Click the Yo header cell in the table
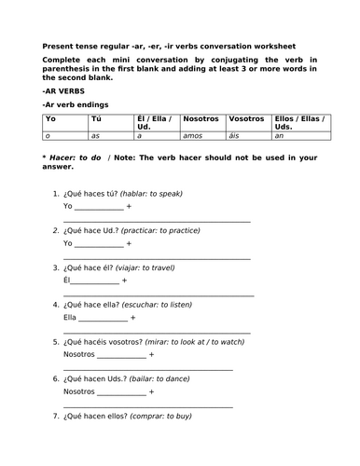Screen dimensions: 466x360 click(51, 120)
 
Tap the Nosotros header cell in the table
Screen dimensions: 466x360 click(203, 120)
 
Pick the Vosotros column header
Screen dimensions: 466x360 click(248, 120)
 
